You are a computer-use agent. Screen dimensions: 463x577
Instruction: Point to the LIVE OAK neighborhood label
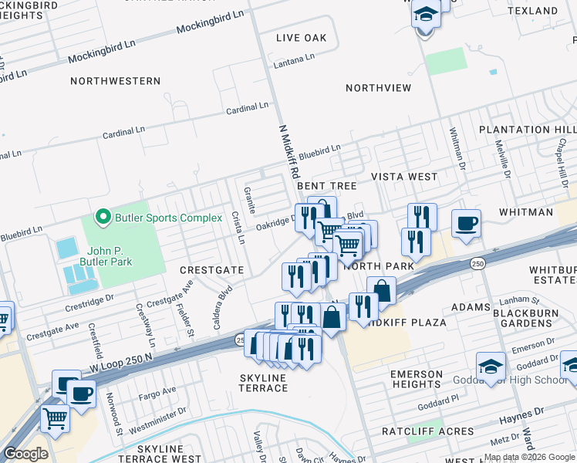point(302,38)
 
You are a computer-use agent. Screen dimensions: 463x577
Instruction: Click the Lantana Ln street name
point(295,59)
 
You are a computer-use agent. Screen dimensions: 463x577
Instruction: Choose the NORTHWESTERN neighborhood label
point(115,81)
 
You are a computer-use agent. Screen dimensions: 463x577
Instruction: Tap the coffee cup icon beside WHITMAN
point(466,224)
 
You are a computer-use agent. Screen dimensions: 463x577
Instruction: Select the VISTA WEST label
point(404,177)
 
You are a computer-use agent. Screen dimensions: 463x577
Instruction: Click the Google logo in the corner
point(25,454)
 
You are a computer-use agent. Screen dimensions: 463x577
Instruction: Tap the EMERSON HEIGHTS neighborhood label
point(417,380)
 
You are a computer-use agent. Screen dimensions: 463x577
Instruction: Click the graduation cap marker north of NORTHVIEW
point(424,15)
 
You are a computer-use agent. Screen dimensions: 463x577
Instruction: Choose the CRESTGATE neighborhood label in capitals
point(211,271)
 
